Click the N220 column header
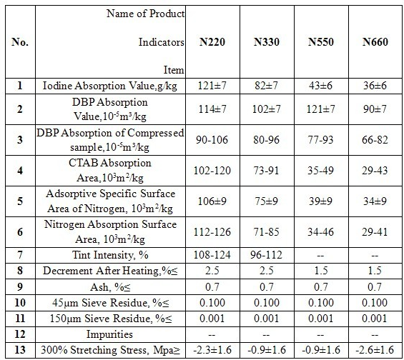click(x=212, y=42)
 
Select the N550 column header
click(x=321, y=42)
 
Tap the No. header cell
click(x=20, y=42)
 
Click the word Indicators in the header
click(x=162, y=42)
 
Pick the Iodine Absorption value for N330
click(x=267, y=86)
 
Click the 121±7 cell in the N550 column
click(x=320, y=109)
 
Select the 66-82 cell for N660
click(x=375, y=140)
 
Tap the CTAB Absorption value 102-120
click(x=212, y=170)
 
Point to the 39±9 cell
click(x=320, y=201)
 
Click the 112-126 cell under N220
click(x=212, y=232)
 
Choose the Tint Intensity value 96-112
click(x=267, y=255)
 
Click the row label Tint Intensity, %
click(x=110, y=255)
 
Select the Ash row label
click(x=110, y=286)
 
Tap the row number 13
click(x=20, y=350)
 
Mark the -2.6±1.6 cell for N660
click(x=375, y=350)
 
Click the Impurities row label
click(x=109, y=334)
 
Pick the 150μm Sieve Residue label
click(x=111, y=319)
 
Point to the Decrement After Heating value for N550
click(x=321, y=271)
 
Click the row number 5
click(x=20, y=201)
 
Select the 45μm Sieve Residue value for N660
click(x=375, y=303)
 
